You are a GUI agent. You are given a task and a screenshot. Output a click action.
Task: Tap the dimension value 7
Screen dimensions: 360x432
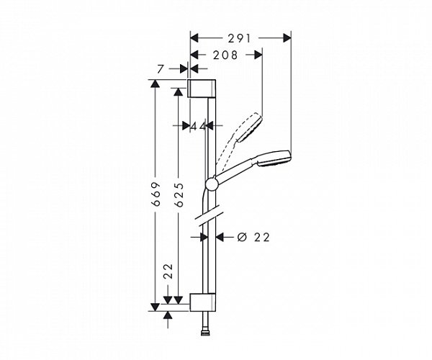(163, 68)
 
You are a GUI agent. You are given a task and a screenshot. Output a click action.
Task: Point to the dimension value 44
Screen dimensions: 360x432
(199, 126)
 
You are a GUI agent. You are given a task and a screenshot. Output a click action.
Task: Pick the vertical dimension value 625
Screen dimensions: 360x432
(178, 195)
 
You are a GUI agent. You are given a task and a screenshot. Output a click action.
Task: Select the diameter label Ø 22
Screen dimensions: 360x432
(253, 237)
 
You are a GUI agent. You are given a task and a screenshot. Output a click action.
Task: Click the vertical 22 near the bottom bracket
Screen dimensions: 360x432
(168, 271)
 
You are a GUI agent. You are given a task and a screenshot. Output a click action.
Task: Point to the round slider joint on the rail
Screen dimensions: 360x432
(210, 182)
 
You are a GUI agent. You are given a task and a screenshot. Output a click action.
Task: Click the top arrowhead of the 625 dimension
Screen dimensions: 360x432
(177, 91)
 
